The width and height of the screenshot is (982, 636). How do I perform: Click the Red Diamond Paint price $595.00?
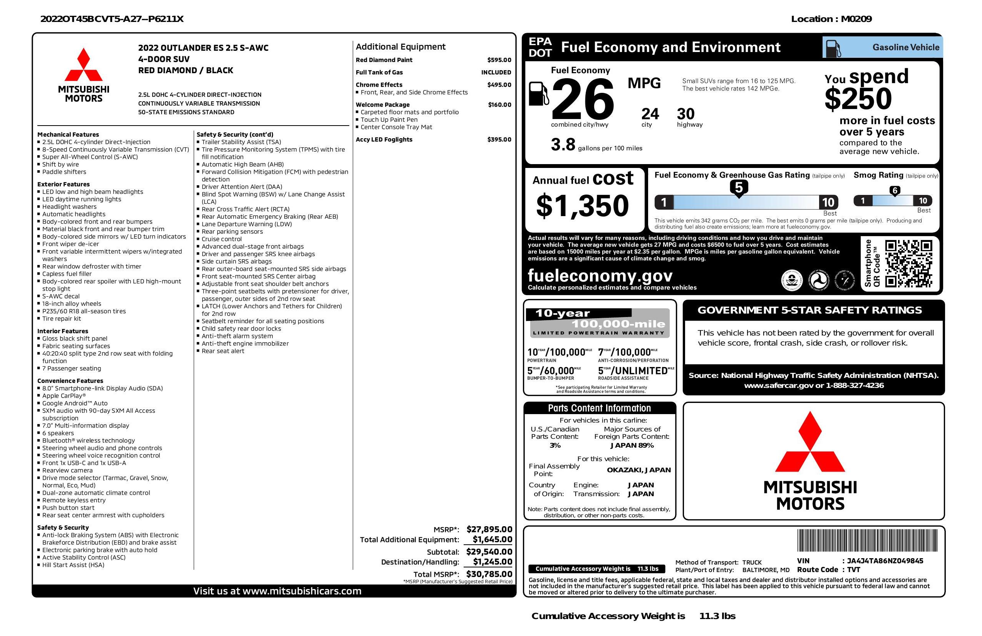click(499, 60)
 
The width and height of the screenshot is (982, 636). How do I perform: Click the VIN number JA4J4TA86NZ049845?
click(885, 560)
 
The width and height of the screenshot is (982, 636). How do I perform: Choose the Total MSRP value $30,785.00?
click(489, 574)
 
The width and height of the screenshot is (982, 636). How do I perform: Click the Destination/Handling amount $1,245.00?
click(492, 562)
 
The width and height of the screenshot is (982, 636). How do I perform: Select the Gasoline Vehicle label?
click(905, 47)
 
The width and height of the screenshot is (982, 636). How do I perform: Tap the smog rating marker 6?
click(895, 191)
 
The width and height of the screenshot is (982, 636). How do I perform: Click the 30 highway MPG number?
click(686, 114)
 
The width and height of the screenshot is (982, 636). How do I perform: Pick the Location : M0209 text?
click(831, 19)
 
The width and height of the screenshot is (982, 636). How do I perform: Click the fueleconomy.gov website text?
click(600, 275)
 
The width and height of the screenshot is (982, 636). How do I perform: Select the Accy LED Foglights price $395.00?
click(499, 139)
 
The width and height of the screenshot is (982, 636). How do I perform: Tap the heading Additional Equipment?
click(400, 47)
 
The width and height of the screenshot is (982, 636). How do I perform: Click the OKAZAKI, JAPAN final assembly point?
click(638, 470)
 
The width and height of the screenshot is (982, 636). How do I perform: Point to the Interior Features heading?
click(63, 331)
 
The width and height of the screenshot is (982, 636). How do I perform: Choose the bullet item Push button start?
click(68, 508)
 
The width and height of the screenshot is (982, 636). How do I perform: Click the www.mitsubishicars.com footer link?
click(302, 591)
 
